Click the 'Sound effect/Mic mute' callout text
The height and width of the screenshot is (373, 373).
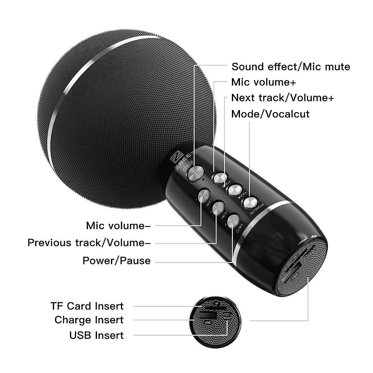tap(291, 67)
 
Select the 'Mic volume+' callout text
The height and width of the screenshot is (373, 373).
tap(264, 82)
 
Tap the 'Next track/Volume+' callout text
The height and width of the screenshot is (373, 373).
tap(283, 98)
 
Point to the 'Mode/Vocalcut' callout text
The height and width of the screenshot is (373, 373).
tap(270, 114)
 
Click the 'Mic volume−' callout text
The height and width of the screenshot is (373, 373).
tap(118, 226)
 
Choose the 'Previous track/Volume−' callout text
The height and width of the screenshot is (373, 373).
tap(89, 242)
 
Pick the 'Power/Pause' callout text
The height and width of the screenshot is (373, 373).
tap(117, 260)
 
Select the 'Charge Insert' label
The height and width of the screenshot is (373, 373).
tap(89, 320)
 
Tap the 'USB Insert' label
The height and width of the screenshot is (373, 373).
tap(96, 335)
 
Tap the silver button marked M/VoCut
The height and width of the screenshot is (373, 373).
tap(251, 203)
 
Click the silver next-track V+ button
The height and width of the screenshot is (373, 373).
tap(234, 190)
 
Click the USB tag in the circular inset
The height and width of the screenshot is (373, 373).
tap(208, 322)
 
